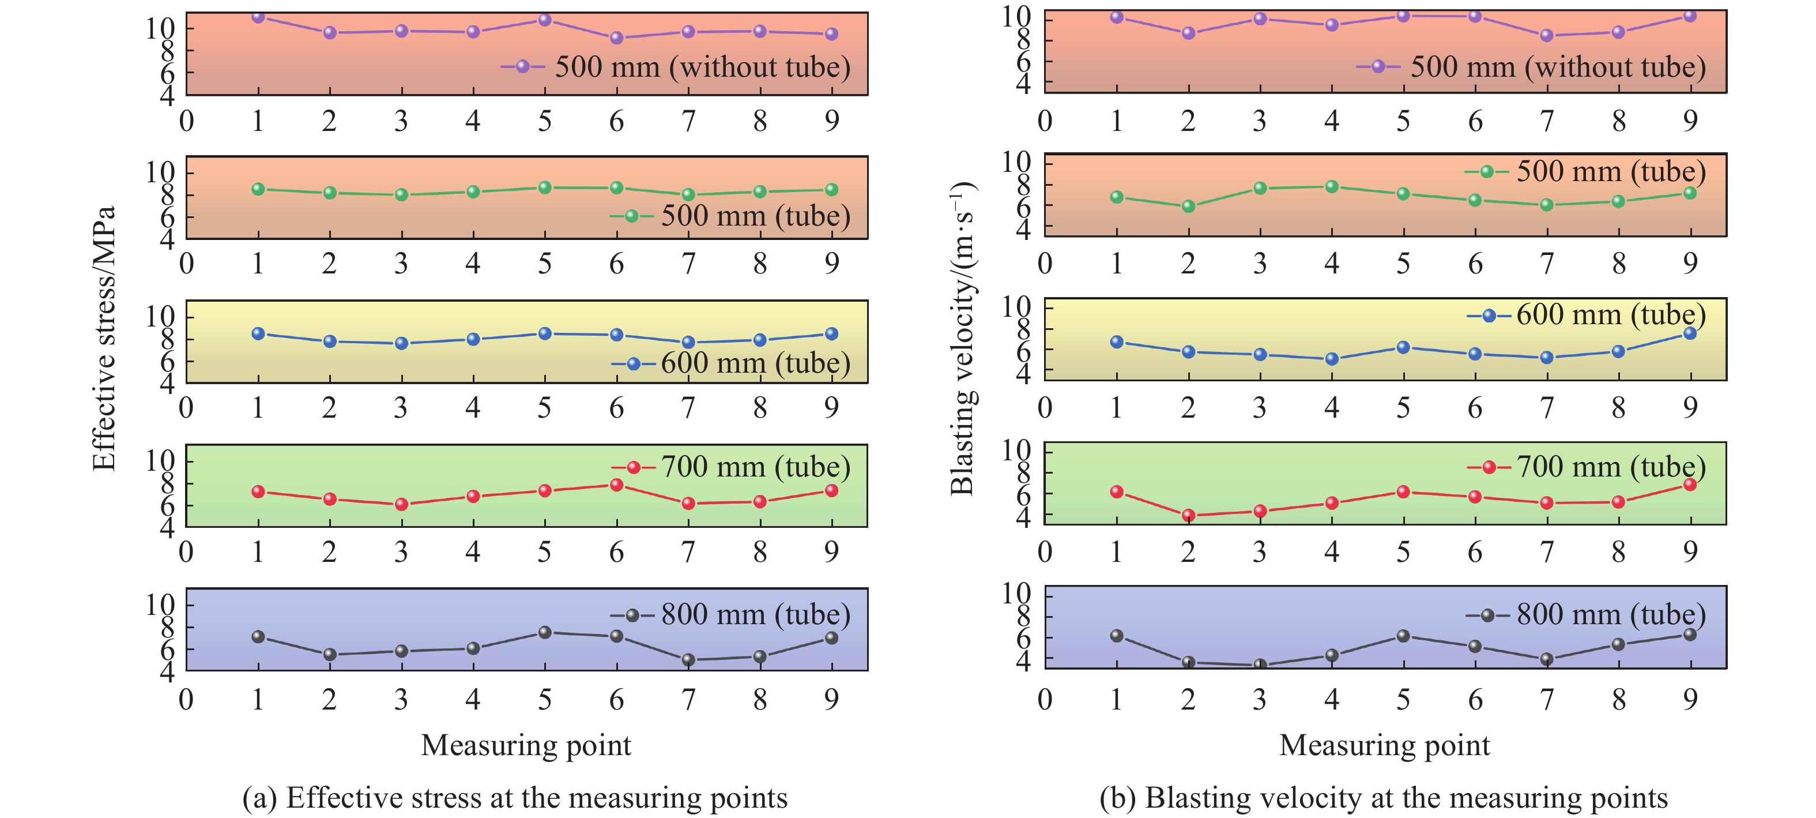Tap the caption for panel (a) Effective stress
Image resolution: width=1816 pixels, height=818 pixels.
515,798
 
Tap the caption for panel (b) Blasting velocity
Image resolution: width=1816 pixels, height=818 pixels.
1383,798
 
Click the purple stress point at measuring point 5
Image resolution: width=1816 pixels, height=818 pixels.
545,20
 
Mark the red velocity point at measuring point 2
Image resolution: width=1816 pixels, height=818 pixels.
1189,516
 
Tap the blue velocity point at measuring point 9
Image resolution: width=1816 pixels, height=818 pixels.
1690,333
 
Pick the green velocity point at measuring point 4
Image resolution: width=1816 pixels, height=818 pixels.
1332,187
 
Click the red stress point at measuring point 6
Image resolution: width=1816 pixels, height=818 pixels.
617,485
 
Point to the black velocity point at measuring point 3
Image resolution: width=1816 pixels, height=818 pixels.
1260,665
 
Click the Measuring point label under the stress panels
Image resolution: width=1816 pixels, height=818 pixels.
526,745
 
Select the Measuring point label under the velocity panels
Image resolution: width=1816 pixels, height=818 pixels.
1385,745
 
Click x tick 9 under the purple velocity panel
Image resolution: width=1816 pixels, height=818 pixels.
1690,121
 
